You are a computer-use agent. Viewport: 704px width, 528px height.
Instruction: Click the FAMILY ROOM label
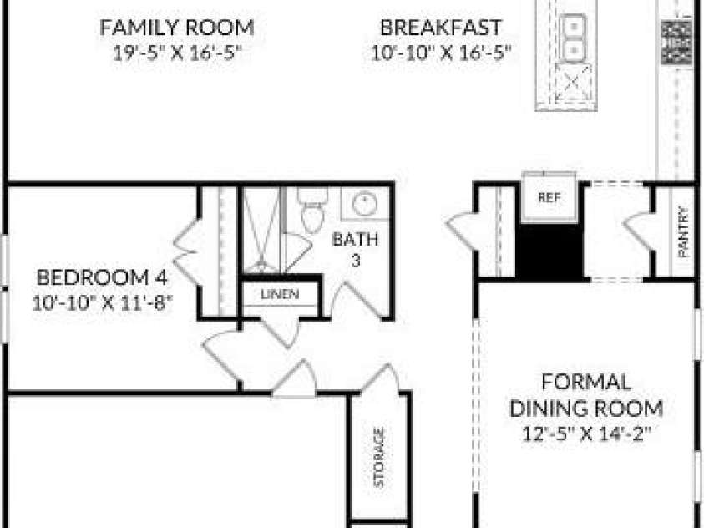pyautogui.click(x=176, y=28)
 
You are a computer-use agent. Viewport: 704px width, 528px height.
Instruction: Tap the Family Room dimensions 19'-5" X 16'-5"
pyautogui.click(x=177, y=53)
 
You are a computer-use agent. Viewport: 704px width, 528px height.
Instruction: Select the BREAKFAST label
pyautogui.click(x=440, y=28)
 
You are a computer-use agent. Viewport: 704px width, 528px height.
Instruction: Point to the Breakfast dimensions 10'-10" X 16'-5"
pyautogui.click(x=441, y=53)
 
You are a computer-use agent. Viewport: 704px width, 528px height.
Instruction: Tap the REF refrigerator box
pyautogui.click(x=550, y=196)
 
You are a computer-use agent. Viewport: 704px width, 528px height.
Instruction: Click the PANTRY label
pyautogui.click(x=683, y=231)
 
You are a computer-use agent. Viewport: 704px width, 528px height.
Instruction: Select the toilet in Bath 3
pyautogui.click(x=313, y=209)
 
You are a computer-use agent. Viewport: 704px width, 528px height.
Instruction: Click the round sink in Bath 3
pyautogui.click(x=364, y=204)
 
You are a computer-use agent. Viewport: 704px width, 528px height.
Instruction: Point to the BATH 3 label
pyautogui.click(x=355, y=249)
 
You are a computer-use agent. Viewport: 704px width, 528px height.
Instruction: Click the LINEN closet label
pyautogui.click(x=280, y=294)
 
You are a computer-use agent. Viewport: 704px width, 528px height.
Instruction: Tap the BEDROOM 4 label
pyautogui.click(x=102, y=277)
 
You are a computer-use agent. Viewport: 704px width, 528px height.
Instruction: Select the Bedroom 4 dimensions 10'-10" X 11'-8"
pyautogui.click(x=103, y=302)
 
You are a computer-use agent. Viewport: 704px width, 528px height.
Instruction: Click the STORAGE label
pyautogui.click(x=379, y=458)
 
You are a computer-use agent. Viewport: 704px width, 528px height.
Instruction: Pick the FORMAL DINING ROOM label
pyautogui.click(x=586, y=395)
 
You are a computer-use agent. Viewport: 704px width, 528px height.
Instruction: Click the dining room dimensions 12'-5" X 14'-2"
pyautogui.click(x=586, y=434)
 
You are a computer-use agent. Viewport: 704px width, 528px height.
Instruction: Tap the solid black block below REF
pyautogui.click(x=550, y=251)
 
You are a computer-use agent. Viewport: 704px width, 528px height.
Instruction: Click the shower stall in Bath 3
pyautogui.click(x=261, y=230)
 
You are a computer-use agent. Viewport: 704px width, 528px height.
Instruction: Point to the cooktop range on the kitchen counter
pyautogui.click(x=676, y=42)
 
